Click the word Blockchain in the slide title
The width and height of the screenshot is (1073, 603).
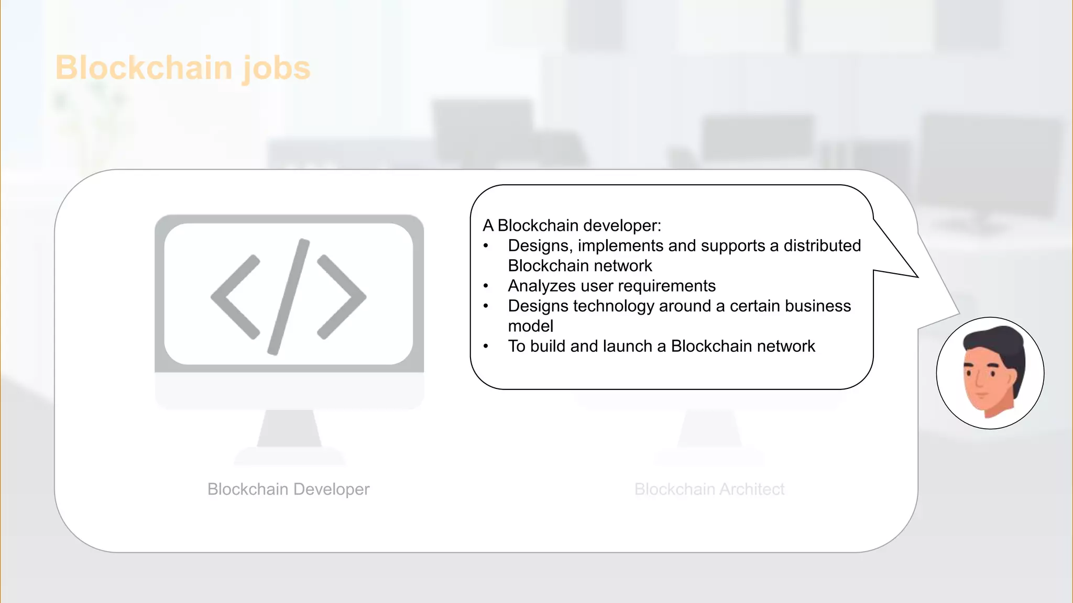point(144,68)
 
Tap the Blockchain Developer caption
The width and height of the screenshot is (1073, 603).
point(288,489)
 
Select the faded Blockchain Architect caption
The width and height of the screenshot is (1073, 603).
point(709,489)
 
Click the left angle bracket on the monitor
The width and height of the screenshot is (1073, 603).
point(235,297)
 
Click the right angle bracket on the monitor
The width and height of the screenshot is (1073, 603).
point(342,297)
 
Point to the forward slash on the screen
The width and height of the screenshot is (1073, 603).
point(289,297)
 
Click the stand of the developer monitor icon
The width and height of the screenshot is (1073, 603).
point(289,429)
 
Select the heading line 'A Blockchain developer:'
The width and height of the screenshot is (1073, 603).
point(572,226)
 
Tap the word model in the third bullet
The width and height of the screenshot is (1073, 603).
point(530,326)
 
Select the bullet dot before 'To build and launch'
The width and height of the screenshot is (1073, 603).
point(486,346)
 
